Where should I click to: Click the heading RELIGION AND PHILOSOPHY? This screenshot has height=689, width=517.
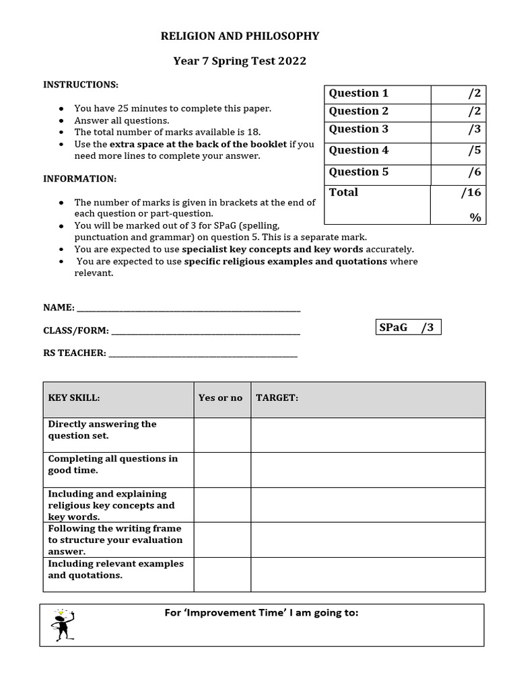(240, 36)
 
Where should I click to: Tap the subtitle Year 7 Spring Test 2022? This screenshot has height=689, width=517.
(240, 61)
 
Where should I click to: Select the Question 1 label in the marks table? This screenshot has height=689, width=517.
(359, 94)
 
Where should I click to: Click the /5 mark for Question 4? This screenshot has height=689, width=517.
(475, 151)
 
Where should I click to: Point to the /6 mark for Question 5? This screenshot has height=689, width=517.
(475, 172)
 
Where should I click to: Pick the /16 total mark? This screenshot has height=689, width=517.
(471, 193)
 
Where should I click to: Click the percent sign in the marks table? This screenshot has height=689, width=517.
(476, 217)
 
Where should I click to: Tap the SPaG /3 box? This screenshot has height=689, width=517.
(408, 328)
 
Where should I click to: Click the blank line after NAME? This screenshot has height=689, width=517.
(188, 309)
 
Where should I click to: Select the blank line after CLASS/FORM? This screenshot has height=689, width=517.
(205, 332)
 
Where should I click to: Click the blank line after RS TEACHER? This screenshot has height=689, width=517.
(203, 354)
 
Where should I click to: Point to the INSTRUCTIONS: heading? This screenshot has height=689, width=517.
(81, 85)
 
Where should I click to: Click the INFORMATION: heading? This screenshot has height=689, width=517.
(80, 179)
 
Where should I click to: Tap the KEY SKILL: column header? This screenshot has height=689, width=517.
(74, 398)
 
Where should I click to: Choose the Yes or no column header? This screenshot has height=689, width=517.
(220, 398)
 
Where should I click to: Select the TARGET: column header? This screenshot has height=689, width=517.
(277, 398)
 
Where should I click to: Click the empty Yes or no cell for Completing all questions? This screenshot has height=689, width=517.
(222, 470)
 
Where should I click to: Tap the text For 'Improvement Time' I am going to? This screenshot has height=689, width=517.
(262, 613)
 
